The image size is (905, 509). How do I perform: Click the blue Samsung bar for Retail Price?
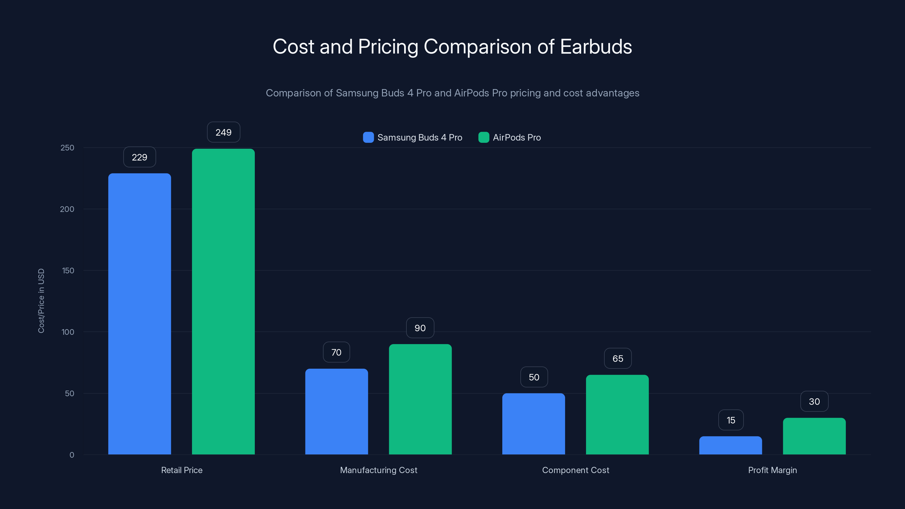139,314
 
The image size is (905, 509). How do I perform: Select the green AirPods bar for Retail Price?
223,301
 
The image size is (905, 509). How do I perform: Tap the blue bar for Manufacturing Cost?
336,411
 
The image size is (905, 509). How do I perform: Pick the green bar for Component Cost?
617,415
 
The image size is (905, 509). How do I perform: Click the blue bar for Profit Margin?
731,445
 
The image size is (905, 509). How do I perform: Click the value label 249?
223,132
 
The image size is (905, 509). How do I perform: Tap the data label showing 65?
618,358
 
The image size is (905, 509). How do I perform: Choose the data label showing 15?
731,420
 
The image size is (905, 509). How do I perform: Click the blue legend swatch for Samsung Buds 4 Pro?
368,137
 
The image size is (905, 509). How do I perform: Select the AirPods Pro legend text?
516,137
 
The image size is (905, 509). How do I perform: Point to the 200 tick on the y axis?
67,209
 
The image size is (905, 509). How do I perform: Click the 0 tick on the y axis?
72,455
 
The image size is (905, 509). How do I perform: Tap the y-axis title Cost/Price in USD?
41,301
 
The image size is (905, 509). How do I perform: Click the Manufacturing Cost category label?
378,470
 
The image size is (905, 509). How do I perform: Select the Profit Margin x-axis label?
772,470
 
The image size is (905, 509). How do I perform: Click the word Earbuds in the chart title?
596,47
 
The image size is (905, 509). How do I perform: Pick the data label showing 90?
420,328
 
